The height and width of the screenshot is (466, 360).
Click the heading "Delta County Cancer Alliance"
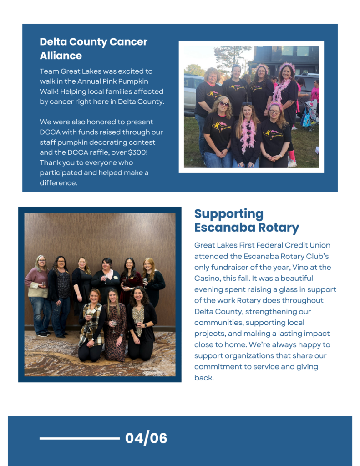[93, 49]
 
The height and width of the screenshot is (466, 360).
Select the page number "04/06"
[146, 438]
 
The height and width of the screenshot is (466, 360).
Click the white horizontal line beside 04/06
[80, 438]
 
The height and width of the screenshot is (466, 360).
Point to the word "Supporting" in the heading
[228, 214]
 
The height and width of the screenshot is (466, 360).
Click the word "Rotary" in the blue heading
[279, 228]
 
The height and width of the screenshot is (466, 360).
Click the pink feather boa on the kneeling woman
[247, 136]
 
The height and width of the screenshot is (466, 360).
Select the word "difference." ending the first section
[59, 183]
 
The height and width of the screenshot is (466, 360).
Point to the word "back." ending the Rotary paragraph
[204, 378]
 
